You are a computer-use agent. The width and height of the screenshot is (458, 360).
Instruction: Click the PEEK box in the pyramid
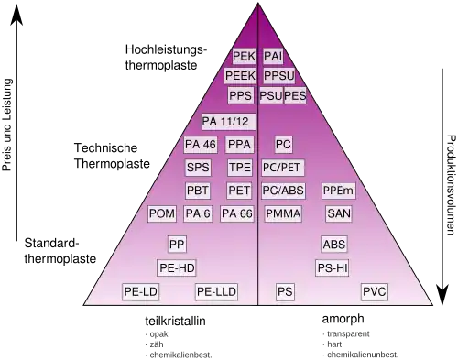pos(240,76)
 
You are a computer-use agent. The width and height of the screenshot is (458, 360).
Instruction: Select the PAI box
pos(273,56)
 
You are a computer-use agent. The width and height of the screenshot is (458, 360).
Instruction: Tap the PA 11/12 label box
pos(228,122)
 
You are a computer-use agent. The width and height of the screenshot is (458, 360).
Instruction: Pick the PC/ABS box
pos(283,191)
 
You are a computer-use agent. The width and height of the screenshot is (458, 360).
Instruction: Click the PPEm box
pos(338,191)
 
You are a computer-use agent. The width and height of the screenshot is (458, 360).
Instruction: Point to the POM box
pos(162,213)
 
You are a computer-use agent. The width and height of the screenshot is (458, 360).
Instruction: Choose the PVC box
pos(375,291)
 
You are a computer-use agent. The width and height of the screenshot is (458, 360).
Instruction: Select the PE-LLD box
pos(216,291)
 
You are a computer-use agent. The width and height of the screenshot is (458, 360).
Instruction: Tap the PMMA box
pos(283,213)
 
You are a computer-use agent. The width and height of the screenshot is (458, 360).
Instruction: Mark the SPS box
pos(198,168)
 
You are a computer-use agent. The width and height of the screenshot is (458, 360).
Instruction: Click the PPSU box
pos(279,76)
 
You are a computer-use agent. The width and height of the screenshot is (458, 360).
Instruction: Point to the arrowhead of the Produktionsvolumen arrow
pos(442,295)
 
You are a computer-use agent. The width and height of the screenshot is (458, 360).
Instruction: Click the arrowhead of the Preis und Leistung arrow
pos(16,15)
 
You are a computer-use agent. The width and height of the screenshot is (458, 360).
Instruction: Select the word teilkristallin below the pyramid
pos(175,321)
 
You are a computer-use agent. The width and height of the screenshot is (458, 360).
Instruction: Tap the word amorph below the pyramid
pos(343,319)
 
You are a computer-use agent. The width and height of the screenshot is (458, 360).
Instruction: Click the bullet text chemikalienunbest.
pos(363,355)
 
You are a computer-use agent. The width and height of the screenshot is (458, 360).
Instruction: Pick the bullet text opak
pos(158,334)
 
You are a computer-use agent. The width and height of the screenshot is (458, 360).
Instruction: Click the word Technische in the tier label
pos(105,148)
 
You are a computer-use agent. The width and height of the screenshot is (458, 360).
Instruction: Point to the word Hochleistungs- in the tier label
pos(166,49)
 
